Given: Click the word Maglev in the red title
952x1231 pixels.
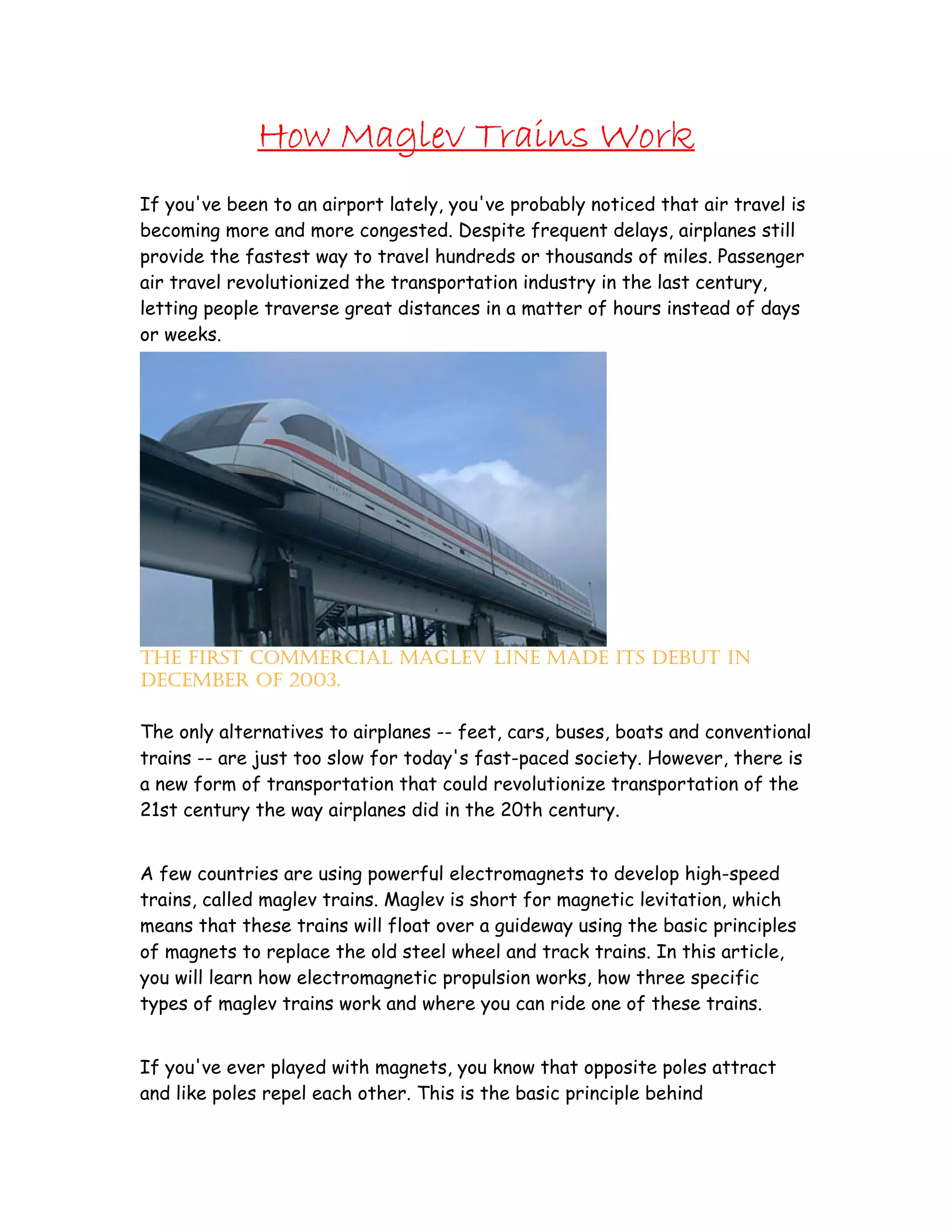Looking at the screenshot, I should [x=403, y=137].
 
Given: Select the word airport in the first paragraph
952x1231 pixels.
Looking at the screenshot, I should [x=352, y=204].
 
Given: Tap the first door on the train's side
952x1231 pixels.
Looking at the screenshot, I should [x=341, y=446].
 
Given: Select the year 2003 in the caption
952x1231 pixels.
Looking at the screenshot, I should [x=315, y=681].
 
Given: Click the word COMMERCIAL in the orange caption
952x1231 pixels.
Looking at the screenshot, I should [x=321, y=658].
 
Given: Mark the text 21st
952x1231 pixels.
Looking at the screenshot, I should [x=159, y=810].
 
